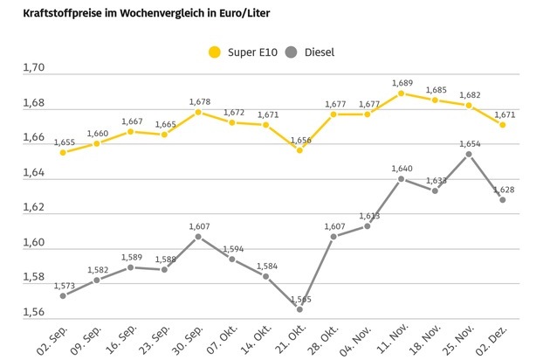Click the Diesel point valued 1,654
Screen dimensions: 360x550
coord(469,154)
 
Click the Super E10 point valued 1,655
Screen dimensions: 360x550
coord(63,152)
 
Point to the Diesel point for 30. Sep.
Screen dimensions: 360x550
coord(198,236)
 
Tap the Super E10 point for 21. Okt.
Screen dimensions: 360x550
coord(299,150)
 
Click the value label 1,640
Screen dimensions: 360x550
coord(401,169)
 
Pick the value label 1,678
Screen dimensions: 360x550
coord(199,102)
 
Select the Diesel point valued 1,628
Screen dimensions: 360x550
coord(503,199)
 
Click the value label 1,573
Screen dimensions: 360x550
coord(63,285)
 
